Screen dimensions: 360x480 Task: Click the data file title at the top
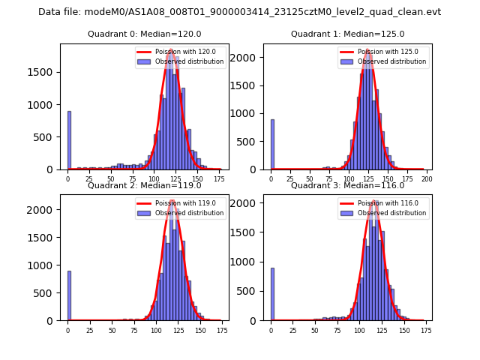click(239, 12)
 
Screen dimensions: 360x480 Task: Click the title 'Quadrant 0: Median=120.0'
click(145, 34)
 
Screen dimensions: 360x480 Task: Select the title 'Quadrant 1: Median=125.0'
click(348, 34)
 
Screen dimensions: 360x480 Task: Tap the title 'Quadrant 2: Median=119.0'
click(145, 185)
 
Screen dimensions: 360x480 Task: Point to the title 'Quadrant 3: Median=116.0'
click(348, 185)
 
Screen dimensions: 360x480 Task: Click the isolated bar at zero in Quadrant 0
click(69, 140)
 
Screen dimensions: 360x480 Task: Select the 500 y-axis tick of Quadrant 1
click(252, 142)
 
